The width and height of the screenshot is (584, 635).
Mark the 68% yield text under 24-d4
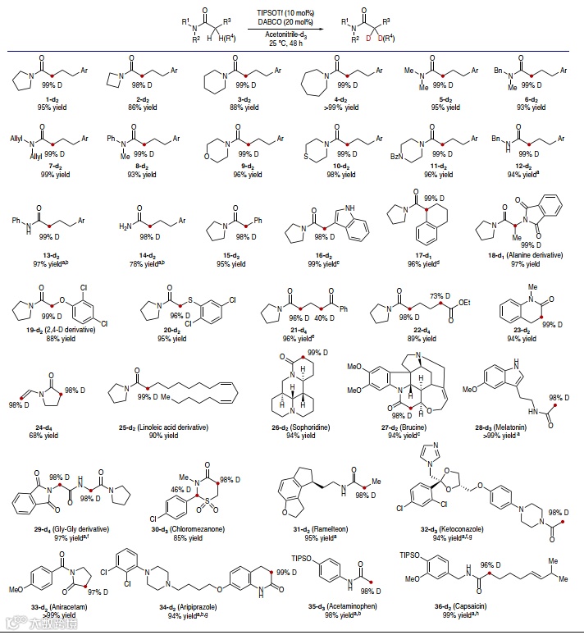[x=35, y=436]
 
